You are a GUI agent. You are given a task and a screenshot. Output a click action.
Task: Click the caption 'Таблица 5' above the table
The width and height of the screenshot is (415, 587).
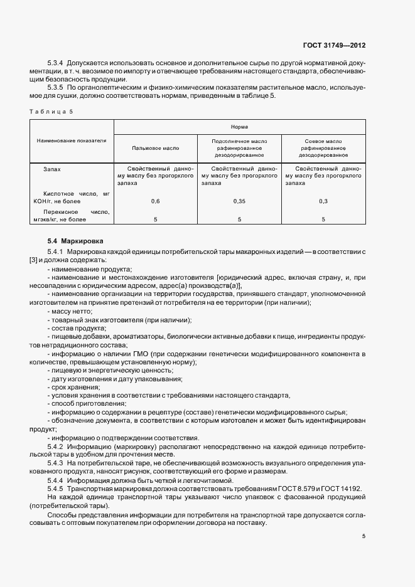[x=51, y=111]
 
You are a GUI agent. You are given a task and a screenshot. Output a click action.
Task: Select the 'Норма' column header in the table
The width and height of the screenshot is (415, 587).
[x=239, y=125]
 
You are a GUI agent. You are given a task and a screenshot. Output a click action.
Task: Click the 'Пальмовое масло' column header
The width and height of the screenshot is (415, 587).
[x=156, y=149]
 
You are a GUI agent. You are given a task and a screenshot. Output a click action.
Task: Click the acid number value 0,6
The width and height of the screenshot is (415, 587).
[x=156, y=201]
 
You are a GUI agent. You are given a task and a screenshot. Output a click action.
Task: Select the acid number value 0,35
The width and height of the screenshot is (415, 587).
[x=239, y=201]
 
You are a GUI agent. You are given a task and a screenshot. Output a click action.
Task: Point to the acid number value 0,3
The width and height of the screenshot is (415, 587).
[x=323, y=201]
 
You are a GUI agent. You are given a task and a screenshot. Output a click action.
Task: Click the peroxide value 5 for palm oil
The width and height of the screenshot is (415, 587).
[x=156, y=219]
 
